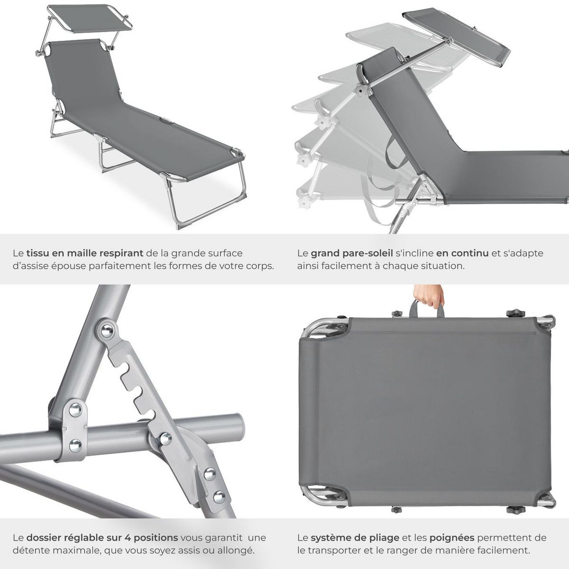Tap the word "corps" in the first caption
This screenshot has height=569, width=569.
coord(262,266)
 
